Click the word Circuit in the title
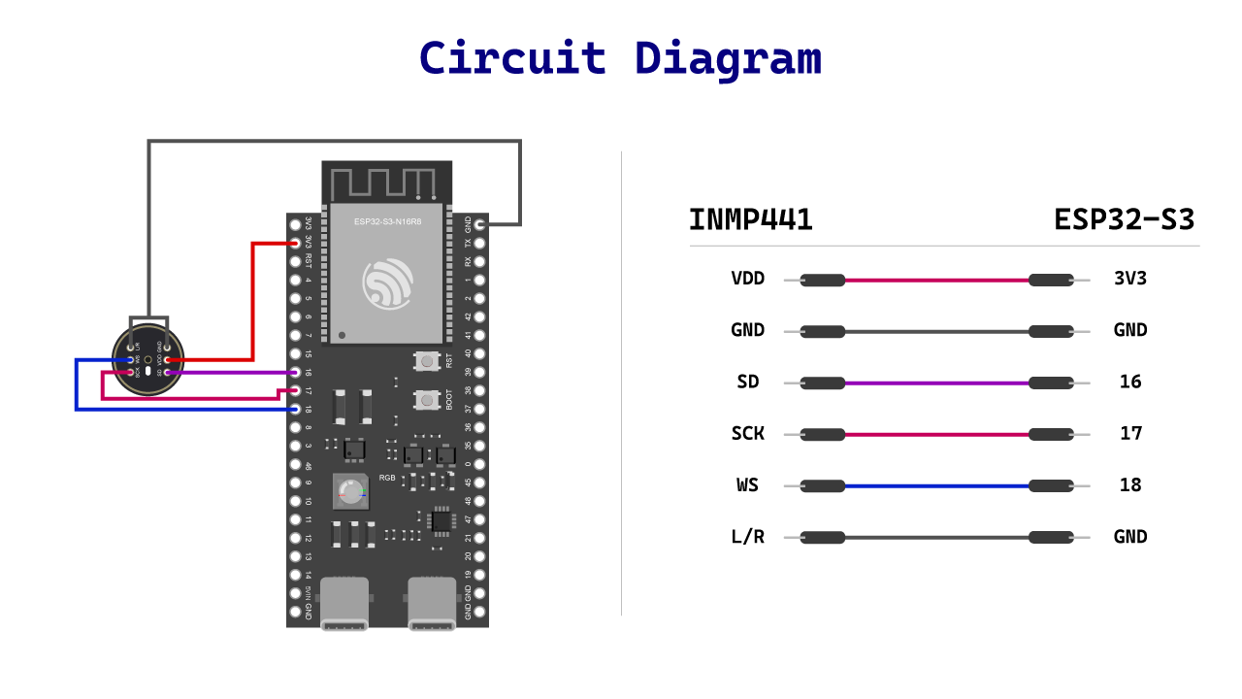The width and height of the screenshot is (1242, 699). tap(512, 58)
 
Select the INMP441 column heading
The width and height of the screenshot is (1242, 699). tap(750, 220)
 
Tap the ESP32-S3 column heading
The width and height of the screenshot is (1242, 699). tap(1124, 220)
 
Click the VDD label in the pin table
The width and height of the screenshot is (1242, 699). tap(747, 279)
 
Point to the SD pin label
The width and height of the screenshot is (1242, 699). tap(747, 382)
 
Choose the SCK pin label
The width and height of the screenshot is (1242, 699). tap(747, 433)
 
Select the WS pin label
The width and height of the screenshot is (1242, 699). tap(747, 484)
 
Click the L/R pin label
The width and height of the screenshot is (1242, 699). tap(747, 536)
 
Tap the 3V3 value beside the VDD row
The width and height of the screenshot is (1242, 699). tap(1130, 279)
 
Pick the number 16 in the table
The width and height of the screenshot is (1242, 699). tap(1130, 382)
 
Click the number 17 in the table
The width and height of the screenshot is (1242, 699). tap(1130, 433)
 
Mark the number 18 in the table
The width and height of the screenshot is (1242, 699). tap(1130, 484)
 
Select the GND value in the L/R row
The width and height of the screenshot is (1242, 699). tap(1130, 536)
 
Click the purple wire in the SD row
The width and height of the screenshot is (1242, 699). tap(936, 383)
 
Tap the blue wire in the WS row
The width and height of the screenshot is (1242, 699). tap(936, 485)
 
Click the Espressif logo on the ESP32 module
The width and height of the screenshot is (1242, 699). tap(388, 283)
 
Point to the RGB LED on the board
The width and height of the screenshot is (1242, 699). tap(350, 492)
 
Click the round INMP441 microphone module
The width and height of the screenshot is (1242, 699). tap(147, 358)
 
